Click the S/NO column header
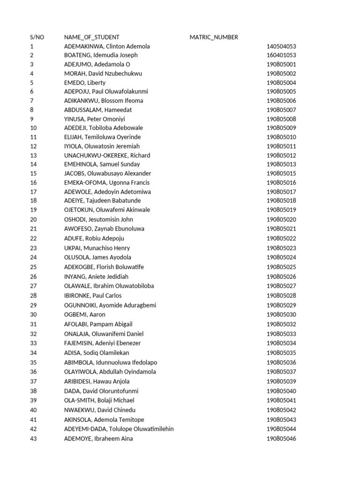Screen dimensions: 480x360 click(x=37, y=37)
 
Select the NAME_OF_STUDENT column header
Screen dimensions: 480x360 click(x=91, y=37)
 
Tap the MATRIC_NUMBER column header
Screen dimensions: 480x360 click(x=214, y=37)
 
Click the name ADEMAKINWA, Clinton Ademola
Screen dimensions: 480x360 click(x=107, y=46)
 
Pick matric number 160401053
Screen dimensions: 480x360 click(x=281, y=55)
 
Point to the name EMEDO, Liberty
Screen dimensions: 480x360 click(x=85, y=82)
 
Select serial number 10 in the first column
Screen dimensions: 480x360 click(x=33, y=128)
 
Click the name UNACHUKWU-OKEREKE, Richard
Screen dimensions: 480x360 click(x=107, y=155)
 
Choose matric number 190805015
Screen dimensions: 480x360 click(x=281, y=173)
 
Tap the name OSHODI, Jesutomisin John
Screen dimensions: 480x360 click(x=98, y=219)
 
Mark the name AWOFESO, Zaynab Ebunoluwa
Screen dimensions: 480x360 click(x=104, y=229)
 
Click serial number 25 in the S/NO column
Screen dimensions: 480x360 click(x=33, y=267)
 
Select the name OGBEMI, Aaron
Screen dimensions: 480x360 click(x=85, y=315)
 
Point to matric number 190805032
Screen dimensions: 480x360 click(x=281, y=324)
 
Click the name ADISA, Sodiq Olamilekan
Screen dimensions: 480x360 click(x=97, y=352)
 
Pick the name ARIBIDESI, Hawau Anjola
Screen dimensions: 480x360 click(x=97, y=381)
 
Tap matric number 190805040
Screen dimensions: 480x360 click(x=281, y=391)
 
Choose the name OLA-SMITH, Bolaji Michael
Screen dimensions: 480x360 click(x=99, y=400)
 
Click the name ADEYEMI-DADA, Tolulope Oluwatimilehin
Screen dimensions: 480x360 click(x=119, y=429)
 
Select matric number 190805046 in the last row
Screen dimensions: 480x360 click(x=281, y=439)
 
